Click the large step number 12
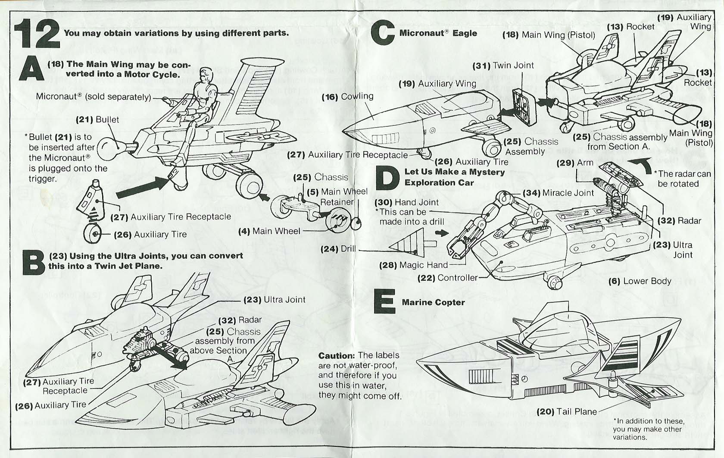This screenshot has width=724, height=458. pyautogui.click(x=37, y=34)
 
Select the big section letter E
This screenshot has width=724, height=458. pyautogui.click(x=384, y=301)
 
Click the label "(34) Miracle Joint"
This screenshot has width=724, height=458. pyautogui.click(x=559, y=193)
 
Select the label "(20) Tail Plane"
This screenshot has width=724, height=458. pyautogui.click(x=567, y=412)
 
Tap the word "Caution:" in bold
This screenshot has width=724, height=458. pyautogui.click(x=337, y=355)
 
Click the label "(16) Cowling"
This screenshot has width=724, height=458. pyautogui.click(x=347, y=97)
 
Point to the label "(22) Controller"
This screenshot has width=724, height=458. pyautogui.click(x=447, y=278)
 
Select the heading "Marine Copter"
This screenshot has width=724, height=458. pyautogui.click(x=433, y=302)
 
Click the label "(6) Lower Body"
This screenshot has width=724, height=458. pyautogui.click(x=640, y=281)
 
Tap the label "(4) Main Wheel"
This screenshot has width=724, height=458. pyautogui.click(x=269, y=231)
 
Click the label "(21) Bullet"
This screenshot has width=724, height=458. pyautogui.click(x=97, y=120)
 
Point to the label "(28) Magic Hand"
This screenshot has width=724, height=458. pyautogui.click(x=413, y=265)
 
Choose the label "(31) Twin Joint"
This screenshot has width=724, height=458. pyautogui.click(x=503, y=66)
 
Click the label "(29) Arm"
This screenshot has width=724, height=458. pyautogui.click(x=575, y=163)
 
